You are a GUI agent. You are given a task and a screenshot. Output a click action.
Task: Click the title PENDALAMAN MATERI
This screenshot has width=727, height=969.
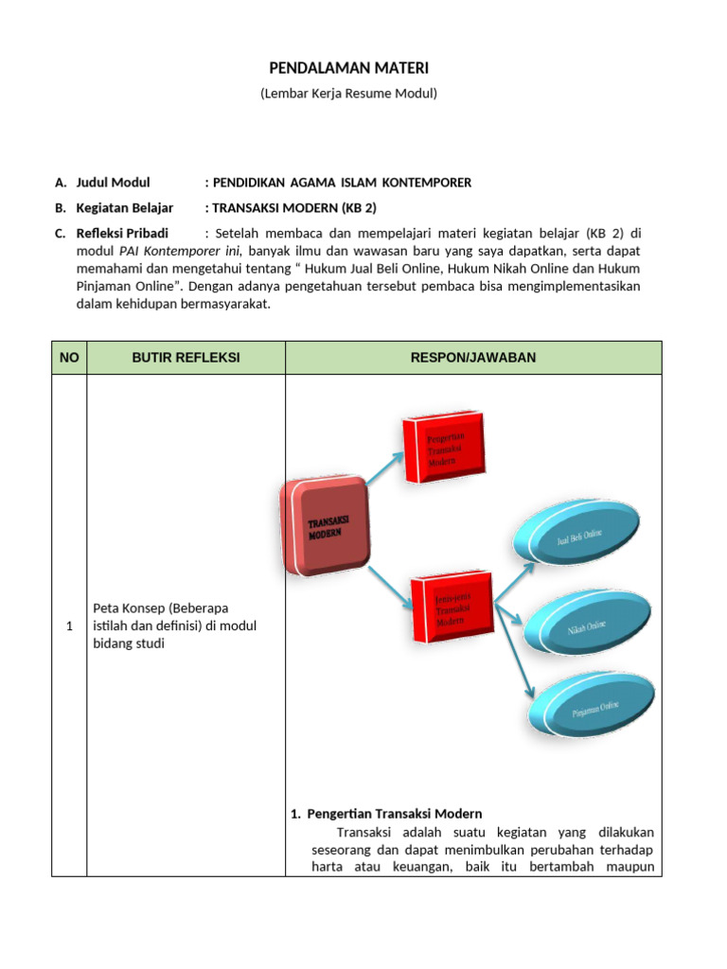coord(349,69)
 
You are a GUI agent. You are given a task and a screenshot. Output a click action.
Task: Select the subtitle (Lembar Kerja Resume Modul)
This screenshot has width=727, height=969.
coord(348,94)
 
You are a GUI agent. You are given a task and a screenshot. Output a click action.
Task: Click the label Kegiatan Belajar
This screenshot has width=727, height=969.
coord(124,207)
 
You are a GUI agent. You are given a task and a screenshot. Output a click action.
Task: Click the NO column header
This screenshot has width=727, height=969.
coord(69,358)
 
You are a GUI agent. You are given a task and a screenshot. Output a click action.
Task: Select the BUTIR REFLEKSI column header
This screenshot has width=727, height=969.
coord(186,358)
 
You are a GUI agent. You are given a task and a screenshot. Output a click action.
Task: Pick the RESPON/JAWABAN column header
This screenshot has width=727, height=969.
coord(473,358)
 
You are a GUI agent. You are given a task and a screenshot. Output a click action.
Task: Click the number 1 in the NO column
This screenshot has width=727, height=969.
coord(69,626)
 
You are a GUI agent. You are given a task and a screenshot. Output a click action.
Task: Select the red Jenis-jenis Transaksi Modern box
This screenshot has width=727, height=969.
coord(452,607)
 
